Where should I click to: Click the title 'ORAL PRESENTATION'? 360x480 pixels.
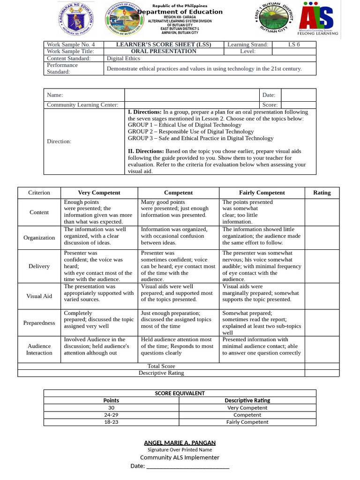click(x=164, y=51)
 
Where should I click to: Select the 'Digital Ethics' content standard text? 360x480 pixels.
click(x=123, y=59)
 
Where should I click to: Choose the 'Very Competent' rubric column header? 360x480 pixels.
click(x=99, y=193)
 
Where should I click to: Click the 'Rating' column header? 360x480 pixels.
click(x=322, y=193)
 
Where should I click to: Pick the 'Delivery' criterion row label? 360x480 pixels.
click(x=39, y=266)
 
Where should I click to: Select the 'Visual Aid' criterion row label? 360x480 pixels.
click(x=39, y=296)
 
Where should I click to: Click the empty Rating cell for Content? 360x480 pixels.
click(x=322, y=212)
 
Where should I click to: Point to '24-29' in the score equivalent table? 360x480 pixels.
click(x=111, y=415)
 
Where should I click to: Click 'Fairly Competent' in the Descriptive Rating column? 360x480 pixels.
click(x=247, y=422)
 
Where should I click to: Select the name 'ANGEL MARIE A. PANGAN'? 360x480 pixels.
click(x=180, y=442)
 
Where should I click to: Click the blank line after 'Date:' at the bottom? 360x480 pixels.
click(x=187, y=466)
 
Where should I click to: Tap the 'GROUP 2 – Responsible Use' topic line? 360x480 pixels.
click(x=184, y=132)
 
